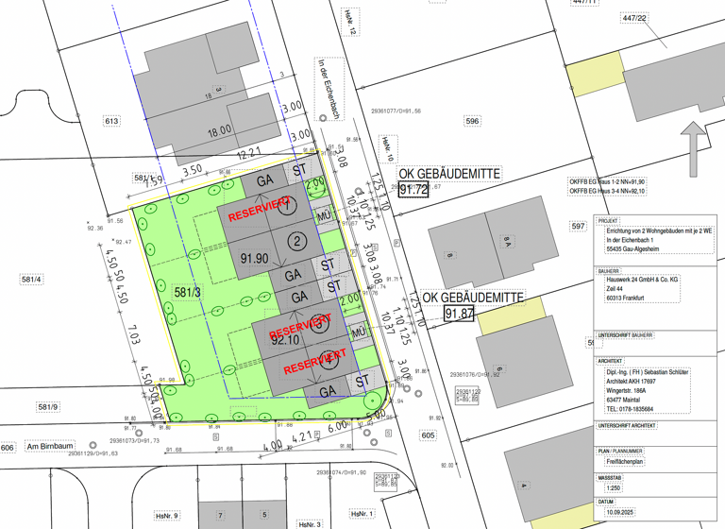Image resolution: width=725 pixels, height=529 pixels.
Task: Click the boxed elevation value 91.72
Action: click(x=413, y=190)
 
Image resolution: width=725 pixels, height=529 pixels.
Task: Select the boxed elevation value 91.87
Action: click(x=459, y=314)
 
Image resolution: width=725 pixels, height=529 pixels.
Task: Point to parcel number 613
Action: click(x=112, y=121)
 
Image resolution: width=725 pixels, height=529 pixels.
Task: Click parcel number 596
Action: click(x=472, y=121)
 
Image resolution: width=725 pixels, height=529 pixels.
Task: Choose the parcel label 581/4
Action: click(x=33, y=278)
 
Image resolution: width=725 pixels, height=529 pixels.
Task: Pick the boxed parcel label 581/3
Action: click(x=188, y=293)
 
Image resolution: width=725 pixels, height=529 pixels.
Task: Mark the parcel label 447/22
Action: click(x=635, y=18)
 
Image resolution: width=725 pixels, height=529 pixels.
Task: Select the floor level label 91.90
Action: click(x=255, y=258)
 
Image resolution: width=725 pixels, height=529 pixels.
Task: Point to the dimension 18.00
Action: click(x=219, y=132)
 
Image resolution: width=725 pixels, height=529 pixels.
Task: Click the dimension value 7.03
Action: click(x=133, y=336)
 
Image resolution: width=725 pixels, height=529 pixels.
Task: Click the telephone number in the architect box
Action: click(x=630, y=409)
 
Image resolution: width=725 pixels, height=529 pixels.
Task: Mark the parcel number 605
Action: click(x=428, y=435)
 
